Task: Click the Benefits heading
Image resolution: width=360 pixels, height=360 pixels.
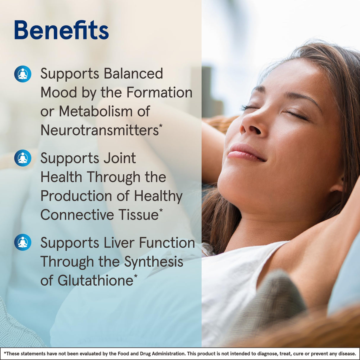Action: [61, 30]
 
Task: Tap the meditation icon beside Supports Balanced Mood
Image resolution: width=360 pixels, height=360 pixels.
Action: [23, 74]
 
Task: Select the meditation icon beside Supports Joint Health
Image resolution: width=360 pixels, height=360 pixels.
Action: [23, 158]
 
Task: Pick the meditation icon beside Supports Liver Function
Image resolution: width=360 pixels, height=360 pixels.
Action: [23, 242]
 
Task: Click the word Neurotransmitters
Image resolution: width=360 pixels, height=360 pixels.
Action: [100, 130]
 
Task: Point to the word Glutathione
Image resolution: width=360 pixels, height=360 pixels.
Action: [95, 281]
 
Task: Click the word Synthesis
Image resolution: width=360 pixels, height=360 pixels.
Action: [154, 262]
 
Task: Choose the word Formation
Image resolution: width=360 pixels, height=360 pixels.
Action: [159, 93]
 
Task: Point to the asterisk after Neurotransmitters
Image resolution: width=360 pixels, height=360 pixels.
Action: [161, 126]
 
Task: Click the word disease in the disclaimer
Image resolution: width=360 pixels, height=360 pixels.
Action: [347, 353]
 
